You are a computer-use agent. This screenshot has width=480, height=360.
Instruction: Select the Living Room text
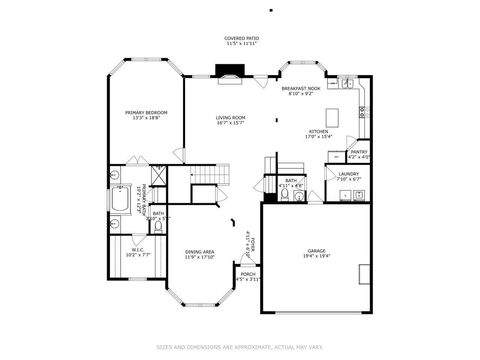click(231, 118)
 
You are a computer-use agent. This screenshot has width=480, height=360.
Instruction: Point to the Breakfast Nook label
click(300, 89)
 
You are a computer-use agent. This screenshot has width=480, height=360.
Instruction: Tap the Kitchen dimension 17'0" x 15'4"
click(318, 137)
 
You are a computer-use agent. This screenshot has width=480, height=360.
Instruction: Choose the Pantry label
click(358, 152)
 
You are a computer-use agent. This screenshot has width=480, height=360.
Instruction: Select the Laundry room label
click(349, 174)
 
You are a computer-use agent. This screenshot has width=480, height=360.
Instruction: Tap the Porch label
click(248, 273)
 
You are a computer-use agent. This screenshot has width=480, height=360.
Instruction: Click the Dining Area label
click(199, 251)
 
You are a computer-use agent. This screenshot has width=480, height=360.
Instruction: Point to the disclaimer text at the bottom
click(239, 347)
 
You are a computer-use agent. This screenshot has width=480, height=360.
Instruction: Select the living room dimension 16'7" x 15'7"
click(231, 124)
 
